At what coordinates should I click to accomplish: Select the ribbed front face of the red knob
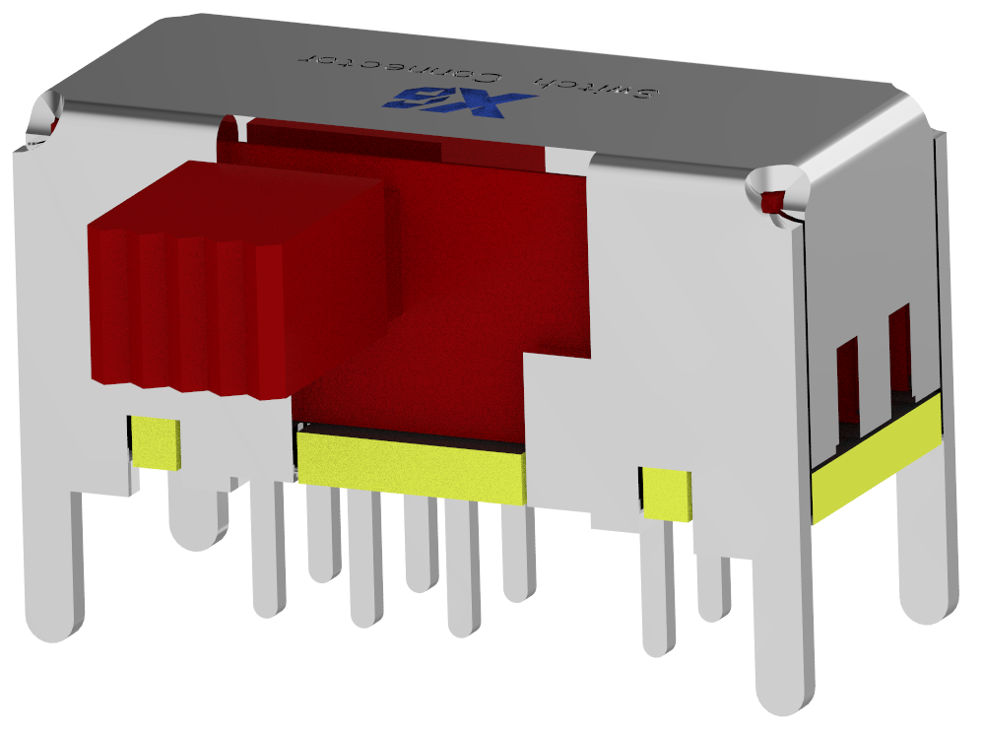(187, 315)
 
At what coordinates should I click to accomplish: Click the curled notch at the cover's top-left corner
(44, 118)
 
